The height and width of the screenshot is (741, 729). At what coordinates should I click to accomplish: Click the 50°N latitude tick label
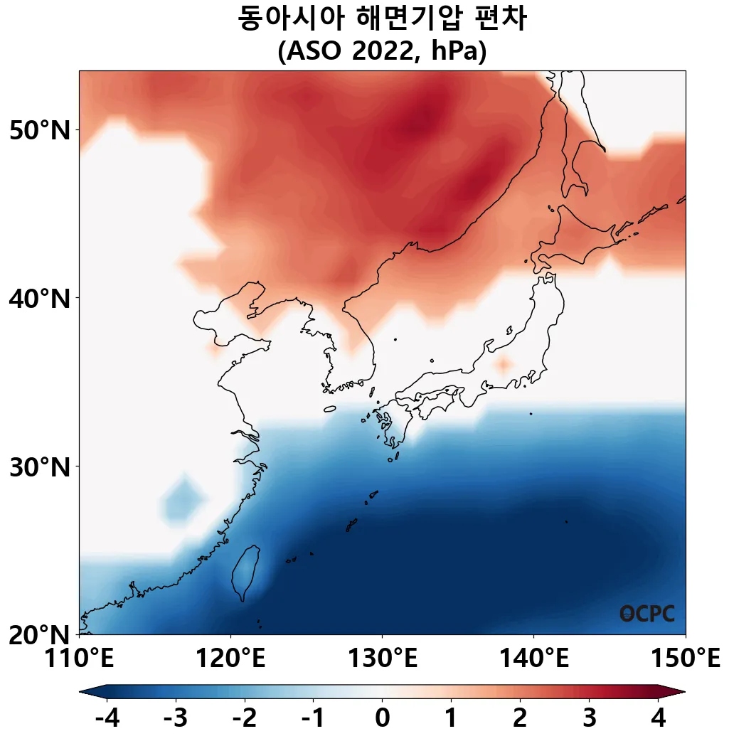coord(40,130)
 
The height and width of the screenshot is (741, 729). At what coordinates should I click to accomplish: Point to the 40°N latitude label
coord(40,298)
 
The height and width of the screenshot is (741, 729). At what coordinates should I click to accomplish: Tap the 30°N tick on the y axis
coord(40,467)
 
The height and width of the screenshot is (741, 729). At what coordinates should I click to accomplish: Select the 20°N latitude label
coord(40,634)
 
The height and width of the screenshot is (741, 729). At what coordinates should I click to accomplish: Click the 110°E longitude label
coord(79,659)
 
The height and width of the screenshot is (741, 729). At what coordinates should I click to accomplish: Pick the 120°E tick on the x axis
coord(230,659)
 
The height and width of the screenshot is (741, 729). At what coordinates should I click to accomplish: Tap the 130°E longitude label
coord(382,659)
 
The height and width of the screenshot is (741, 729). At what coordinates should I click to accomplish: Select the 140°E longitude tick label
coord(533,659)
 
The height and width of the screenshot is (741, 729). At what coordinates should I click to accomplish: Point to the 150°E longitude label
coord(685,659)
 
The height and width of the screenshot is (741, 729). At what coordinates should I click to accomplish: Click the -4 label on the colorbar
coord(107,718)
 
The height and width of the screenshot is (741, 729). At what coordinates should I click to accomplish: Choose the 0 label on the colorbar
coord(382,718)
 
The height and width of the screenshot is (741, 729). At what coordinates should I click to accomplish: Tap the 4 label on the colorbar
coord(658,718)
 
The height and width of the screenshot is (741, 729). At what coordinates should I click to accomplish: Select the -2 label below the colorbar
coord(244,718)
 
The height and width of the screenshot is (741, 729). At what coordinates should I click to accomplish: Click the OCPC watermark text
coord(646,614)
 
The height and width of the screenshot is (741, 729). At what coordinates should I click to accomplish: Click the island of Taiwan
coord(246,571)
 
